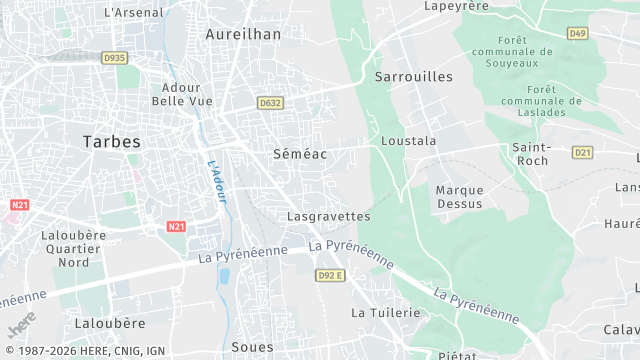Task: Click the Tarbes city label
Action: (x=112, y=142)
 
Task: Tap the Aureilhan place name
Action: (x=243, y=33)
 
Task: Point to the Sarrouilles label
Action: (x=413, y=76)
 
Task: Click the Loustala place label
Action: (x=409, y=141)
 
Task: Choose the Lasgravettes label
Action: (x=328, y=216)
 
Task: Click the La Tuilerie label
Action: (x=385, y=313)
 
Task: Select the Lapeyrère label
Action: (x=455, y=5)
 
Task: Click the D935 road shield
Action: (x=115, y=58)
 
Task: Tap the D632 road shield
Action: (x=269, y=102)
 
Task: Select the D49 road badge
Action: (x=577, y=33)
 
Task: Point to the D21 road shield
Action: (x=583, y=152)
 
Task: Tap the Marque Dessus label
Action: (x=459, y=196)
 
